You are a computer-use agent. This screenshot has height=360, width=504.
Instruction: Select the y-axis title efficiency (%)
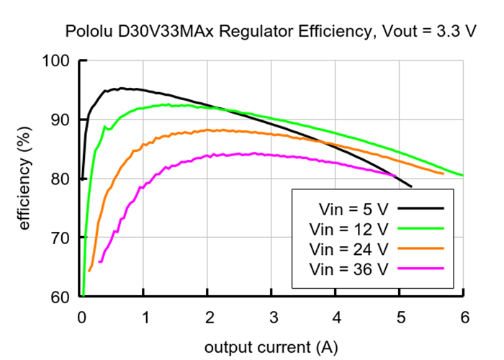pos(25,178)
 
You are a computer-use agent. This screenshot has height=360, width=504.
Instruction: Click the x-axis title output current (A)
pos(271,346)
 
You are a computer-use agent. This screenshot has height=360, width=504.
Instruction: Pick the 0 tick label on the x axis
pos(81,318)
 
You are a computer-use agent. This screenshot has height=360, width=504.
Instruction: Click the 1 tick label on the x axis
pos(144,318)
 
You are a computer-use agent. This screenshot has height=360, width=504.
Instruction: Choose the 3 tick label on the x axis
pos(271,318)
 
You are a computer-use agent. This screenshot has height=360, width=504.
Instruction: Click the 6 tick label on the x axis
pos(463,318)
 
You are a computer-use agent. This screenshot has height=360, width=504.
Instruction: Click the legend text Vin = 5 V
pos(353,210)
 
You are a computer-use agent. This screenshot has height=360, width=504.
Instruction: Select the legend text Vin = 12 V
pos(348,229)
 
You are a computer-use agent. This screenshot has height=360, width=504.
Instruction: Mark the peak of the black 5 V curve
pos(122,89)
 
